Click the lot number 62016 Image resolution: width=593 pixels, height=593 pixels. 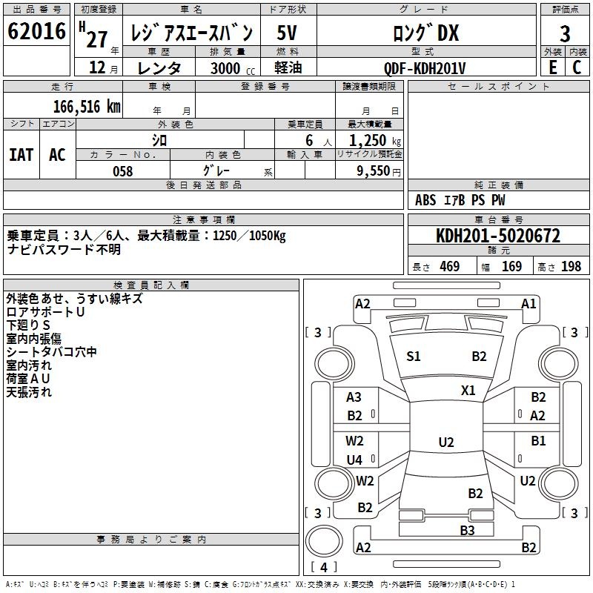click(37, 32)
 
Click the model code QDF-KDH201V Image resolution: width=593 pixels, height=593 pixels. click(425, 68)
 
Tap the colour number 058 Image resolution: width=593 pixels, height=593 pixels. click(123, 171)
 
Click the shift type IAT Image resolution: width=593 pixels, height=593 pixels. click(21, 155)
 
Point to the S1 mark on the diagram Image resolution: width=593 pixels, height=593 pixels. click(414, 357)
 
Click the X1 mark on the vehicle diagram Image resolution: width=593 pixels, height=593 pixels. click(468, 391)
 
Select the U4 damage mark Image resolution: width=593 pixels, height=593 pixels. click(355, 460)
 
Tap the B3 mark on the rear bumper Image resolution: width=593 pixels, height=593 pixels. click(467, 530)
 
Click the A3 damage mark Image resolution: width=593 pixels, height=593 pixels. click(354, 397)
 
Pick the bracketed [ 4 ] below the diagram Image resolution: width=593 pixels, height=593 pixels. click(323, 568)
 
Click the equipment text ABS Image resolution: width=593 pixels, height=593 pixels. click(425, 200)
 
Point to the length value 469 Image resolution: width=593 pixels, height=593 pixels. click(449, 267)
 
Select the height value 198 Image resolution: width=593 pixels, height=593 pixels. click(571, 267)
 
